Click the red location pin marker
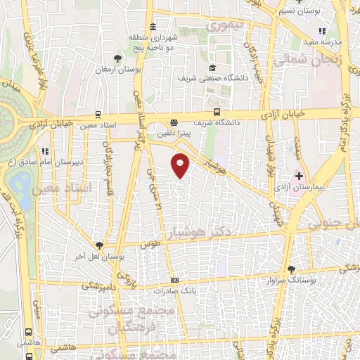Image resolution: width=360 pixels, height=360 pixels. (181, 165)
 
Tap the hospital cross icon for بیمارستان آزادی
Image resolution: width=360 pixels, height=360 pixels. (299, 175)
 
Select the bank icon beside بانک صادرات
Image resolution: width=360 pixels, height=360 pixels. (175, 280)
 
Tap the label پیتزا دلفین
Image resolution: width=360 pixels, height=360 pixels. (174, 131)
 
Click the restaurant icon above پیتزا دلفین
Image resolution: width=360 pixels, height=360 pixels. (174, 121)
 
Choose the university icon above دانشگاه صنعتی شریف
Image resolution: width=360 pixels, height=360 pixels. (212, 68)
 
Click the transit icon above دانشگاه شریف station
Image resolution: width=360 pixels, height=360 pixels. (217, 112)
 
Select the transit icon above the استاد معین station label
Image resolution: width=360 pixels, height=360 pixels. (98, 115)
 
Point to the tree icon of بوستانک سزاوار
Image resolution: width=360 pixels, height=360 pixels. (291, 269)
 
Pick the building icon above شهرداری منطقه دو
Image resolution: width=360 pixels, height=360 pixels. (153, 26)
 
